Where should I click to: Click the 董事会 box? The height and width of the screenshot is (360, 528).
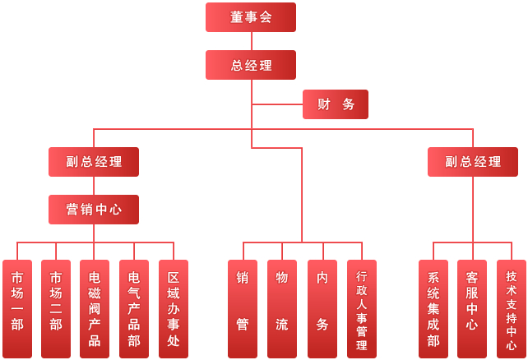(251, 17)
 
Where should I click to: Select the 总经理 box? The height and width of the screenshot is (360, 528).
(251, 65)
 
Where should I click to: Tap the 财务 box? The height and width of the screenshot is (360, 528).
(336, 104)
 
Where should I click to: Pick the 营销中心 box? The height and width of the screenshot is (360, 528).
(94, 210)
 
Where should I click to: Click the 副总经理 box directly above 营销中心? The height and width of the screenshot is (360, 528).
(94, 162)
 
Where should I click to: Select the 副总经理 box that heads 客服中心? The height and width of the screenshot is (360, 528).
(473, 162)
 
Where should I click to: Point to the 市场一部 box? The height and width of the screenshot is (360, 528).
(17, 308)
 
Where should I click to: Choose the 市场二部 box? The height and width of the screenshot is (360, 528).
(56, 308)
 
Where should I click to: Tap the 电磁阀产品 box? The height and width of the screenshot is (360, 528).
(95, 308)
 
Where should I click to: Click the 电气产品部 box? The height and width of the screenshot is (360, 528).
(134, 308)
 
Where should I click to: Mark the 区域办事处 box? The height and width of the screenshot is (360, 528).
(174, 308)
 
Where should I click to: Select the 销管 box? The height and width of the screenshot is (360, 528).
(243, 308)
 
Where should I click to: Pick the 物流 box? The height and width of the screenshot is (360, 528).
(282, 308)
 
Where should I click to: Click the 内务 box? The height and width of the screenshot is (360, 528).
(322, 308)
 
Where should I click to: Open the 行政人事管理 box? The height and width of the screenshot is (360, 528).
(362, 308)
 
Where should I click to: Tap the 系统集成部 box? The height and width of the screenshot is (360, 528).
(433, 308)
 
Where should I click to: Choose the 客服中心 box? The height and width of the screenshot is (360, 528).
(472, 308)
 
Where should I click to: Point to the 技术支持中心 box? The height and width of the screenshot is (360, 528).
(512, 308)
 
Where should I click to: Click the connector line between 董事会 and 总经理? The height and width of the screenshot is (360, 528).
(251, 41)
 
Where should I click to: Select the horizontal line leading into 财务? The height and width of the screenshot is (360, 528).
(277, 104)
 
